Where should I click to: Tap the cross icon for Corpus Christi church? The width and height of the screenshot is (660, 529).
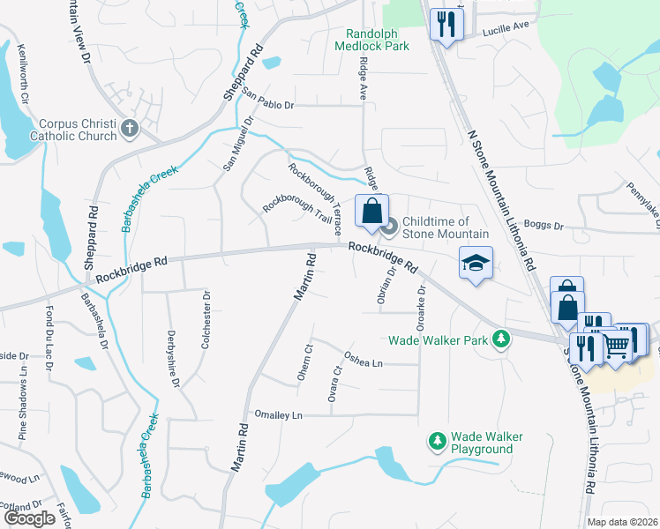pos(130,129)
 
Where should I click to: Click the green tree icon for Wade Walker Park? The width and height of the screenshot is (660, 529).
pos(501,339)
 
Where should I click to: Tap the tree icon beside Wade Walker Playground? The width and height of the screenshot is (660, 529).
pos(436,439)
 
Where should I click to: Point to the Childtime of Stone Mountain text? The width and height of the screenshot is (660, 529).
pos(446,227)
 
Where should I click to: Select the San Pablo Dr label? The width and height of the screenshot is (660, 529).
pos(266,99)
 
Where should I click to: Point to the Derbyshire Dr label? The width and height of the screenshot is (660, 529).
pos(173,360)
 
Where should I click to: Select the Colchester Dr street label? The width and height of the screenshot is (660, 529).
pos(206,321)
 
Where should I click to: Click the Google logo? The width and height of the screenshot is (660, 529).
pos(29,518)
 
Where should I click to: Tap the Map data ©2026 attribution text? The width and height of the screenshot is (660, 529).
pos(623,522)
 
